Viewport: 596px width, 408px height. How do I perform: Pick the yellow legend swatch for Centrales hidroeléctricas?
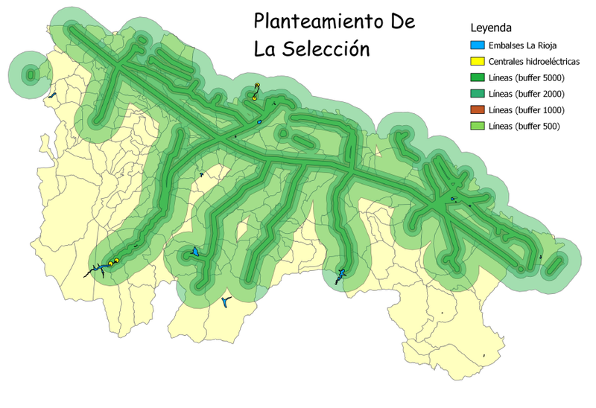[475, 62]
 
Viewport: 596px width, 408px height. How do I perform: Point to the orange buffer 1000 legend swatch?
[475, 110]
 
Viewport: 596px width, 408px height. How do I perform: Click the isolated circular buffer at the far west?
[31, 74]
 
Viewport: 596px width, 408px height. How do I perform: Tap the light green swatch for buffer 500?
[475, 127]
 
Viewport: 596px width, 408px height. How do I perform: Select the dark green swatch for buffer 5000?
[475, 78]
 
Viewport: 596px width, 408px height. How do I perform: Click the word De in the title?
[401, 22]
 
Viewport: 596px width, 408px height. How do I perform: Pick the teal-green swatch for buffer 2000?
[475, 94]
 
